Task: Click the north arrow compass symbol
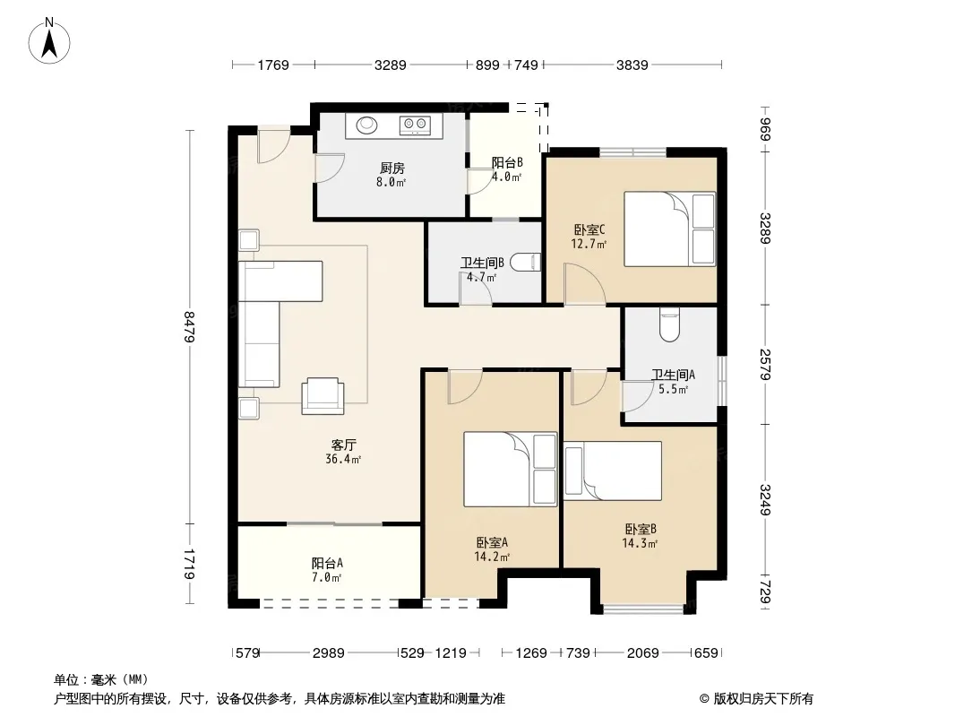[49, 41]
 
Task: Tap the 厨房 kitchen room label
[391, 168]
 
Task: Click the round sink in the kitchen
[367, 125]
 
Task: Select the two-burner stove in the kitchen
[415, 125]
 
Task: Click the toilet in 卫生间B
[525, 262]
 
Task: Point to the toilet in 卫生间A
[669, 325]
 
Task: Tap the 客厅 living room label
[343, 445]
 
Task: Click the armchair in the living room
[323, 396]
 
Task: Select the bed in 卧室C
[669, 229]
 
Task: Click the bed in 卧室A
[511, 469]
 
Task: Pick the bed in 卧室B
[613, 471]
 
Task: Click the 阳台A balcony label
[327, 563]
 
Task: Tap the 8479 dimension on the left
[189, 326]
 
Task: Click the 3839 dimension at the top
[632, 65]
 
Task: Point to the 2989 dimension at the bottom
[328, 653]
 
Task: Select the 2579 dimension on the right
[765, 364]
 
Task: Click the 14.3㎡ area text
[640, 543]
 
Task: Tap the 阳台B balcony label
[507, 162]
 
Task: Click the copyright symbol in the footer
[704, 699]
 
